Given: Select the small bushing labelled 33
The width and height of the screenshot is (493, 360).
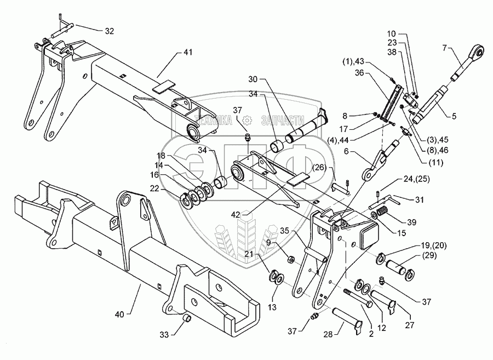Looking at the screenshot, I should click(x=185, y=317).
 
